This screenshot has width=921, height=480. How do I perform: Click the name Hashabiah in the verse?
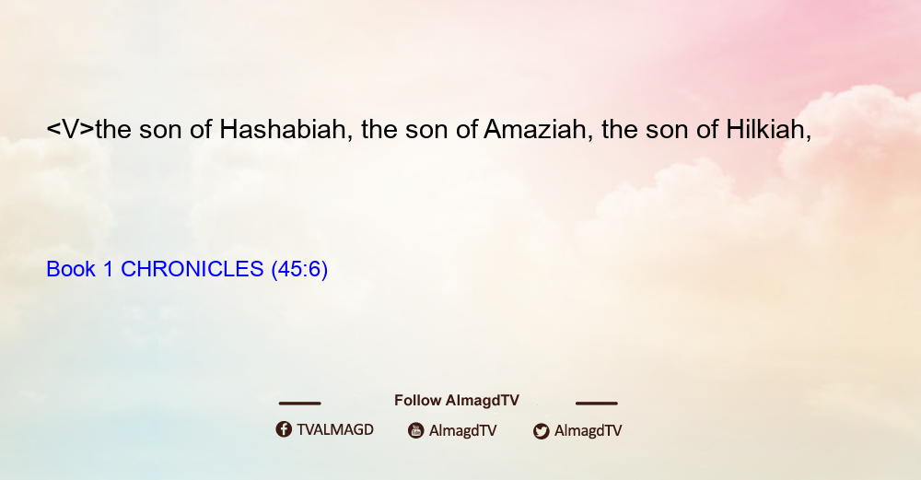[283, 129]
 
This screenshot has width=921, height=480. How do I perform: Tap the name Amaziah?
[534, 129]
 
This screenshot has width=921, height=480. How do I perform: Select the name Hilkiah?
[764, 129]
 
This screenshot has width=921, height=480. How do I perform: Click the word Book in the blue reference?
[71, 269]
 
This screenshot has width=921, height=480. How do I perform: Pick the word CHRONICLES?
[192, 269]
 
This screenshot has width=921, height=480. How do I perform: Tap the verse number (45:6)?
[299, 270]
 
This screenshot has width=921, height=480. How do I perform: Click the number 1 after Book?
[108, 269]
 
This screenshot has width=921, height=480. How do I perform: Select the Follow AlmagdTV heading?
[457, 400]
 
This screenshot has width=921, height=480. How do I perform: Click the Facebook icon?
[284, 429]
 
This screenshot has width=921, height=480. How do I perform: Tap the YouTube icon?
[416, 430]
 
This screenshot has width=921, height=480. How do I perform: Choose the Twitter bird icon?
[541, 431]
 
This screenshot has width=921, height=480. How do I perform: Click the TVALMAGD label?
[335, 429]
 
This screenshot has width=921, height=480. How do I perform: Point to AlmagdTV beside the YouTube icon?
[463, 430]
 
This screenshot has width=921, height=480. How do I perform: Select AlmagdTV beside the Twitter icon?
[588, 430]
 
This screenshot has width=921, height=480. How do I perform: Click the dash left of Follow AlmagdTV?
[299, 403]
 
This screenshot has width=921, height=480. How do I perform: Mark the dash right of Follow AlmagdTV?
[597, 403]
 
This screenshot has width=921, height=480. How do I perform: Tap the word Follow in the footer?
[417, 400]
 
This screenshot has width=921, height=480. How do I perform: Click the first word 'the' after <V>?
[113, 129]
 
